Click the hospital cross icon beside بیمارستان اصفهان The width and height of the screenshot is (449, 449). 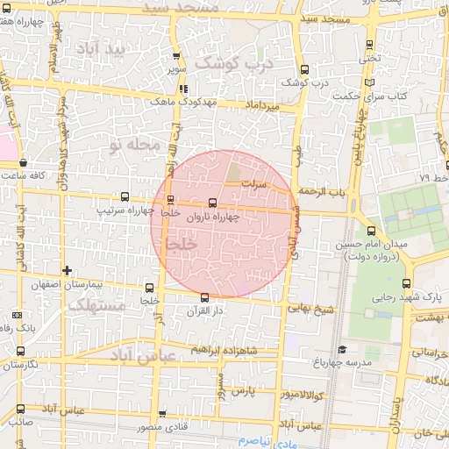click(68, 270)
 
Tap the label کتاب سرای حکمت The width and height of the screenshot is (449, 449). click(403, 94)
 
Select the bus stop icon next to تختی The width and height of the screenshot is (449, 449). click(369, 44)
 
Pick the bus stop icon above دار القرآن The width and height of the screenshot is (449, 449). click(204, 297)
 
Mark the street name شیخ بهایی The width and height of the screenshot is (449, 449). click(311, 309)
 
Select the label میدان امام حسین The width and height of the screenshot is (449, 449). click(382, 245)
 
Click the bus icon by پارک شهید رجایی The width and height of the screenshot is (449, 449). click(406, 283)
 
